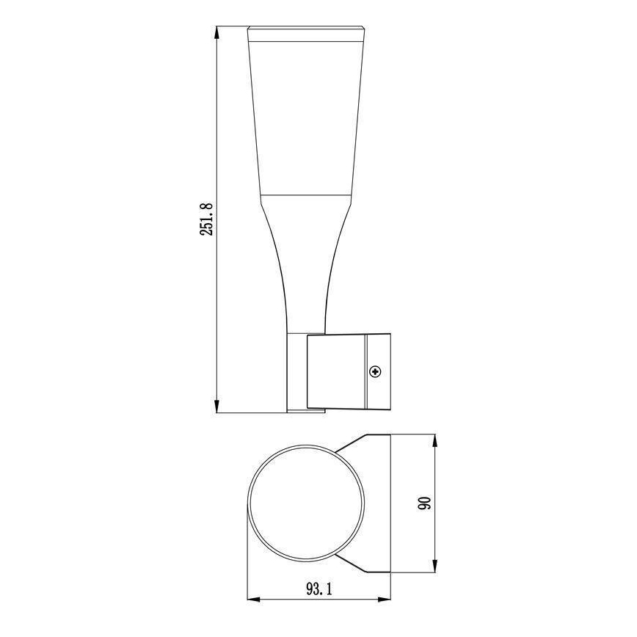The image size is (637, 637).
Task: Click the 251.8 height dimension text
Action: coord(207,218)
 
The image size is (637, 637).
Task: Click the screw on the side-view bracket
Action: coord(376,372)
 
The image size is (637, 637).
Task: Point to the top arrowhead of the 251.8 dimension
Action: coord(217,32)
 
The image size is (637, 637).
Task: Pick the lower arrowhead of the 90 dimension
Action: coord(436,573)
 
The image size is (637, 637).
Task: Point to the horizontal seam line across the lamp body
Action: coord(305,194)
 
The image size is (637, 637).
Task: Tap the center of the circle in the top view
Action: coord(305,507)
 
